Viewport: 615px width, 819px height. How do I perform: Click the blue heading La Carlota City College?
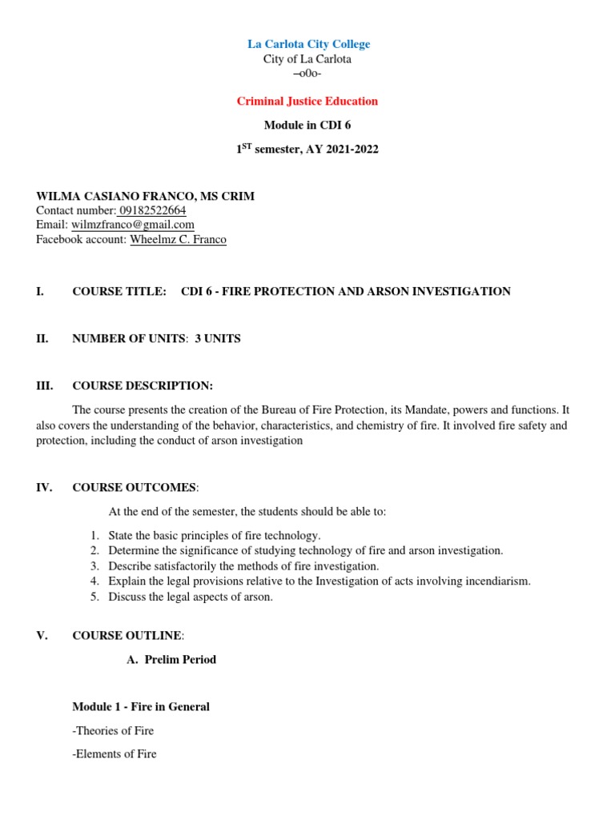(307, 44)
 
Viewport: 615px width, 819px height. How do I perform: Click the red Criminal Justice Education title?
(307, 102)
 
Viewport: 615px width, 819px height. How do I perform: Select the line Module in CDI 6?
(307, 126)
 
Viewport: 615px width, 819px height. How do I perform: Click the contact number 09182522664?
(151, 210)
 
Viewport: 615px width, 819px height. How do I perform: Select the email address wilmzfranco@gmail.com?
(132, 225)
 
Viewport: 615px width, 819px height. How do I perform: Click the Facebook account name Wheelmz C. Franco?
(178, 239)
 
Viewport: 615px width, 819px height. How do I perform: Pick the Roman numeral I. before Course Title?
(40, 292)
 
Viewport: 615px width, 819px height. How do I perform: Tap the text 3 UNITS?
(218, 339)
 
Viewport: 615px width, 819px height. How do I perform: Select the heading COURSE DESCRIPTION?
(143, 386)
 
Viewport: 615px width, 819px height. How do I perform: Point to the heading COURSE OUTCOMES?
(134, 487)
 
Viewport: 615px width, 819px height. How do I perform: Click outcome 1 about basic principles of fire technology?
(214, 535)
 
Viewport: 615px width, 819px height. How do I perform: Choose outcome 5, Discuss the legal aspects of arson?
(191, 596)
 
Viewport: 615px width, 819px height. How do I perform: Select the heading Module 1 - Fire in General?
(141, 707)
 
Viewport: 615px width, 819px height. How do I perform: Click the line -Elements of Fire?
(115, 754)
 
